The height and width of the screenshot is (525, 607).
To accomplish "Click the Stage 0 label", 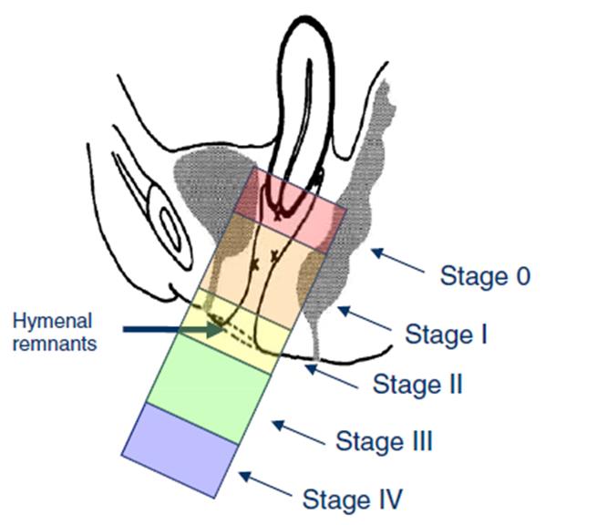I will point(485,274).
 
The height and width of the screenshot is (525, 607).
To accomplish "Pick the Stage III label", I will point(384,442).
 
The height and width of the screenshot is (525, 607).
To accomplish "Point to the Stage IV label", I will point(352,499).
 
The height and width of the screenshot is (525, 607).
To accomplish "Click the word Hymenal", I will point(57,321).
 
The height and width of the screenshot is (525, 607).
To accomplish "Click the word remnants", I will point(61,344).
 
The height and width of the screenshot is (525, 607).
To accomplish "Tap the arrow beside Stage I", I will point(365,320).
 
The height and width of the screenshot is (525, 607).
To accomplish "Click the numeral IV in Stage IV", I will point(386,499).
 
